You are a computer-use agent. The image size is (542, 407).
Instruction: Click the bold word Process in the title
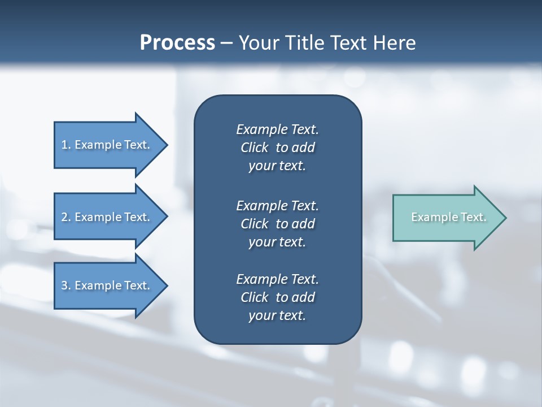coord(177,43)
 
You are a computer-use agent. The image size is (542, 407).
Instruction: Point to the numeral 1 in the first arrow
coord(64,145)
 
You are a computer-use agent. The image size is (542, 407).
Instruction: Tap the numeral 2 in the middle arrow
coord(64,217)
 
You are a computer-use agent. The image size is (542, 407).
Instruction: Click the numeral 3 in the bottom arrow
coord(64,285)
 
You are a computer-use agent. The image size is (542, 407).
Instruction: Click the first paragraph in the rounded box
coord(277,148)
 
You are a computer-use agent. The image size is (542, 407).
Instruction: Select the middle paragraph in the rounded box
coord(277,223)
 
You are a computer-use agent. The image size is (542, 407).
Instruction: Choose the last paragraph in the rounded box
coord(277,297)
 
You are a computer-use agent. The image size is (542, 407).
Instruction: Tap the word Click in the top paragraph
coord(255,148)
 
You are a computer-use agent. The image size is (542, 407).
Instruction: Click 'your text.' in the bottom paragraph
coord(277,315)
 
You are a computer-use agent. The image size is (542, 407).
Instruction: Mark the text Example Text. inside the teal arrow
coord(449,217)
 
